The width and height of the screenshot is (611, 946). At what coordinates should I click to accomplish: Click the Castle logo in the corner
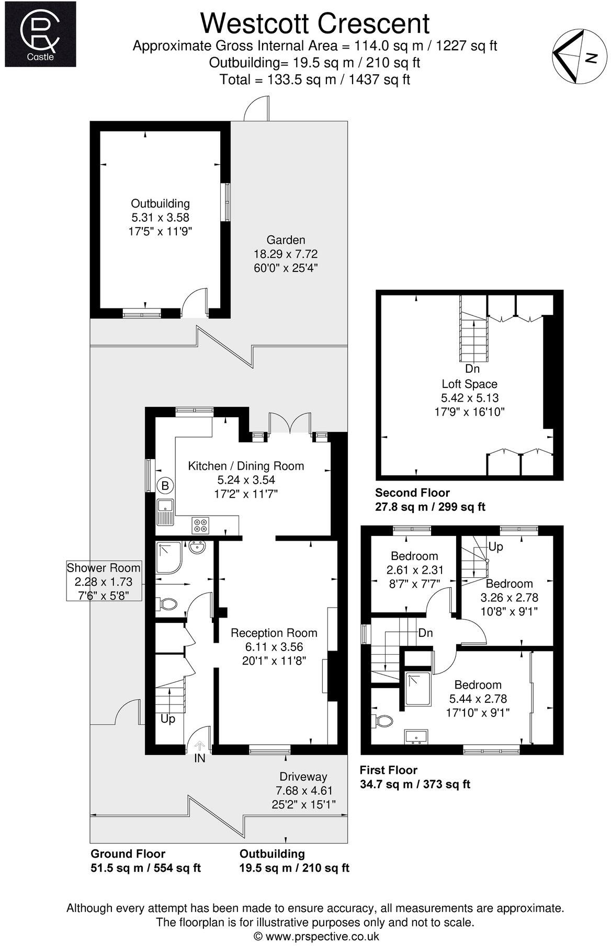coord(40,34)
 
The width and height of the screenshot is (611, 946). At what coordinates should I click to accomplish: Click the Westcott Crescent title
coord(315,24)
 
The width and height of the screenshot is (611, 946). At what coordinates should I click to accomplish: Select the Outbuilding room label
coord(160,204)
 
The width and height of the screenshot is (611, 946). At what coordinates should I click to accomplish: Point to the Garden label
coord(286,241)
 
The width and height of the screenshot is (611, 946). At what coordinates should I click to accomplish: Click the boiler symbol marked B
coord(165,486)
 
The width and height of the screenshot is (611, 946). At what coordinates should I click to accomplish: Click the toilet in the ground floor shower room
coord(167,605)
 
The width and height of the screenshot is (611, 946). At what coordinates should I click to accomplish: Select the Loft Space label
coord(469,384)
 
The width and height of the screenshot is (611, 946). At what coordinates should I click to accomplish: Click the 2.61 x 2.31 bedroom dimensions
coord(415,569)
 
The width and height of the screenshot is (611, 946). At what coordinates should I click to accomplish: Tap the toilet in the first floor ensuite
coord(384,722)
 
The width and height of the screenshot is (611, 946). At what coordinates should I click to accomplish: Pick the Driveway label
coord(303,777)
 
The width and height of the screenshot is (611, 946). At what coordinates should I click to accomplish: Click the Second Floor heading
coord(412,493)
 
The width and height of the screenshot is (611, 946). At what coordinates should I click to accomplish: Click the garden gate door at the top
coord(258,108)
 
